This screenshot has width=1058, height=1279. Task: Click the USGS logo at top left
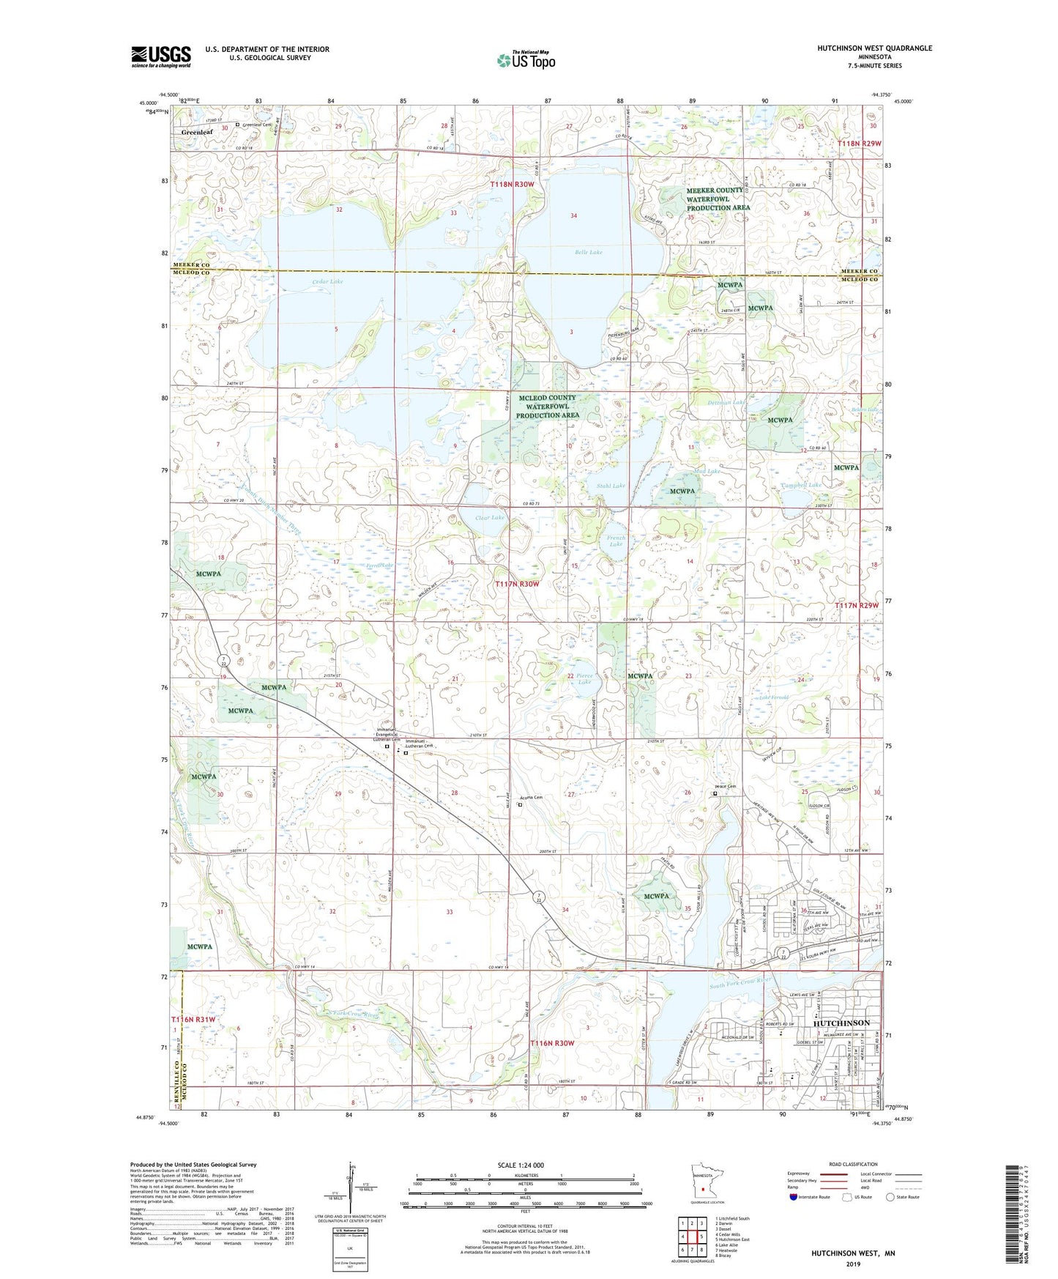160,56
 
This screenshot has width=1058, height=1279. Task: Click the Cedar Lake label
307,281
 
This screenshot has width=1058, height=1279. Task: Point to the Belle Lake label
588,252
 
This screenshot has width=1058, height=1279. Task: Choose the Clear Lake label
490,517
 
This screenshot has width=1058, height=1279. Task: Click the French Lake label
616,541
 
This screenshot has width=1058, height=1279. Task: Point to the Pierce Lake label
584,678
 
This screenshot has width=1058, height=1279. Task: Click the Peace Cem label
724,786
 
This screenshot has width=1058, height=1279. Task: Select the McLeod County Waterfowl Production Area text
547,407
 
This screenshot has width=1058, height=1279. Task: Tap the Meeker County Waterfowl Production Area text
718,199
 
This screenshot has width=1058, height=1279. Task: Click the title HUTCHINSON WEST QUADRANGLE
874,48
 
